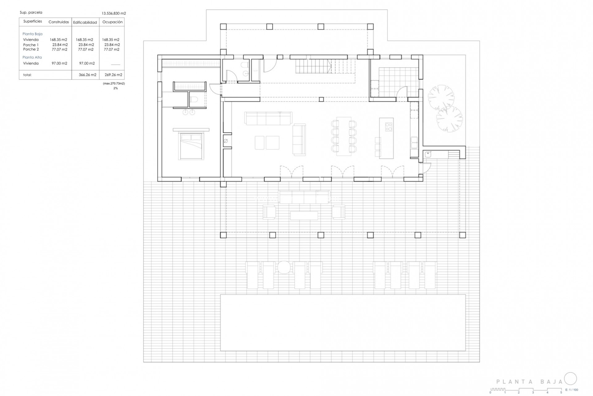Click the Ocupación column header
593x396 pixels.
(x=112, y=22)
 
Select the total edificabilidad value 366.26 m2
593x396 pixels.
(x=87, y=75)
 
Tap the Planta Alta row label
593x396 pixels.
(x=32, y=57)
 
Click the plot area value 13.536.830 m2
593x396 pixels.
(x=114, y=13)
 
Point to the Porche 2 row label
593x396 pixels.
(x=31, y=49)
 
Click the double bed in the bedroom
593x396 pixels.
(x=191, y=146)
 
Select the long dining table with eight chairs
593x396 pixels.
(x=344, y=136)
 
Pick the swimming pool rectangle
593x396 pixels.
(x=343, y=323)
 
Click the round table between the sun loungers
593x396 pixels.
(x=284, y=267)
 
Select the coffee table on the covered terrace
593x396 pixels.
(x=304, y=215)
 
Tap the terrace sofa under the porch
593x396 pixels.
(x=304, y=197)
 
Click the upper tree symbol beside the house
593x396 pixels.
(x=441, y=97)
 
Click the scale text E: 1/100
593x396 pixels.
(x=572, y=390)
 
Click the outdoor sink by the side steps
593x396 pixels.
(x=428, y=154)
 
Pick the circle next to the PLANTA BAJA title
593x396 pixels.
(x=570, y=379)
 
